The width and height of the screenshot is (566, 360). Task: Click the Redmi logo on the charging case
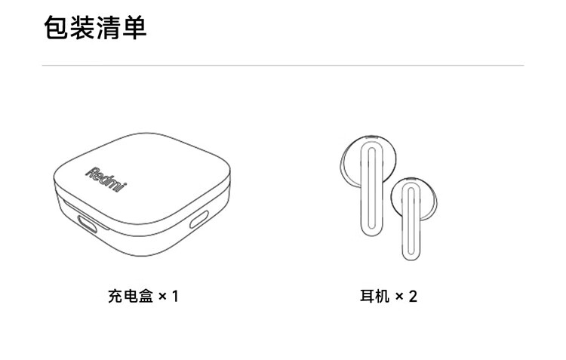[106, 178]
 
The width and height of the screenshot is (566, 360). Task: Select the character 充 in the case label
[114, 295]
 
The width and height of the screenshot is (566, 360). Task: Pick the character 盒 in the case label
[144, 295]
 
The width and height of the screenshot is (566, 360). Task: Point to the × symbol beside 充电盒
[161, 296]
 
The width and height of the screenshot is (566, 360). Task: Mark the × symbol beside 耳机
[399, 296]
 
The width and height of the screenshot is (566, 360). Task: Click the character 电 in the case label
[129, 295]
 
